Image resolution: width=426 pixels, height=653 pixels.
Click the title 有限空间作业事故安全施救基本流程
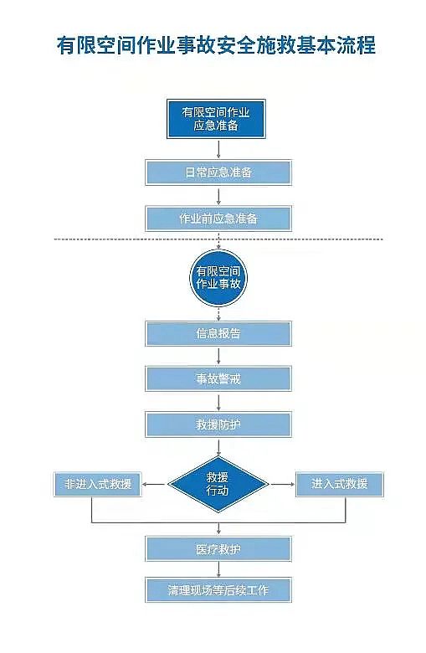[215, 46]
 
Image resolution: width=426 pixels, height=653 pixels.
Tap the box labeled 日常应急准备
[218, 172]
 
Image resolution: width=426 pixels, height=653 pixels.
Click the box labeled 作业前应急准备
[218, 219]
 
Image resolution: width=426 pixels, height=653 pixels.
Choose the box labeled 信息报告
[218, 333]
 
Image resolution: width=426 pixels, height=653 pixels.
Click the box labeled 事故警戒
[218, 378]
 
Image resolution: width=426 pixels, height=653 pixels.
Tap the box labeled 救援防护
[218, 424]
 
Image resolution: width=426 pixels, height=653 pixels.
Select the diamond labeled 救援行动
[218, 483]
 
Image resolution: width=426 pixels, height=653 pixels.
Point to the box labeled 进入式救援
[339, 484]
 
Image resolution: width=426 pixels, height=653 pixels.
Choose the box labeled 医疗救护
[218, 549]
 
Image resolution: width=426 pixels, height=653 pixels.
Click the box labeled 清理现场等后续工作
[218, 589]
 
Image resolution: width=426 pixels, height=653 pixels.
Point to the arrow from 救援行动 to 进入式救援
[281, 484]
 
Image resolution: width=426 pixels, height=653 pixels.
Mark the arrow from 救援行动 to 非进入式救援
[154, 484]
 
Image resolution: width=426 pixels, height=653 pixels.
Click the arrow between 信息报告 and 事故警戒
[218, 356]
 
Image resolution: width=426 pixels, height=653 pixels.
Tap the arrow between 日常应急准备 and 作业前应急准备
[218, 196]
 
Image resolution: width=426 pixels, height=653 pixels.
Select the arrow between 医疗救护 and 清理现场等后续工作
[218, 569]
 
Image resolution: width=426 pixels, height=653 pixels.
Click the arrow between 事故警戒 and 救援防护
[218, 402]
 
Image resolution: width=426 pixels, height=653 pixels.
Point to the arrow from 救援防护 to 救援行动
[218, 447]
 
